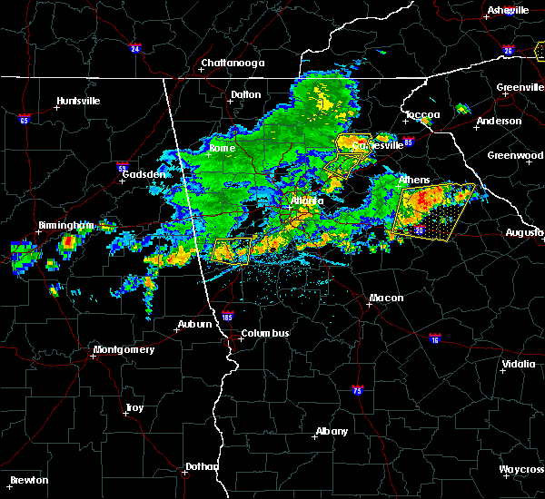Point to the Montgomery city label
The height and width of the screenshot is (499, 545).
pos(124,349)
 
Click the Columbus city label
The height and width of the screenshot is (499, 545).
pos(264,333)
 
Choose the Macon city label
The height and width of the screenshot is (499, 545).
pos(386,298)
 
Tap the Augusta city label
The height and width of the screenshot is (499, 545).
pos(524,232)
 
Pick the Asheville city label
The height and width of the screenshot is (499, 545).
pos(508,10)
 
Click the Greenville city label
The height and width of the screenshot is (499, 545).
pos(520,88)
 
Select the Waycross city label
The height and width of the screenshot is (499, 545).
pos(521,469)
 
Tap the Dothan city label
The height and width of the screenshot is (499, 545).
pos(202,466)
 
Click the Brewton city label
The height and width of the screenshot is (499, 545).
pos(30,480)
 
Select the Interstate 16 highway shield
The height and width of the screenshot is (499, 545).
pos(435,339)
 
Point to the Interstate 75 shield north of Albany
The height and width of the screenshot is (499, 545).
pos(357,389)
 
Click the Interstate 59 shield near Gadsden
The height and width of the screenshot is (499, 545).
pos(122,167)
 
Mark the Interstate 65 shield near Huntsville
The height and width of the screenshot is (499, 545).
pos(24,119)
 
